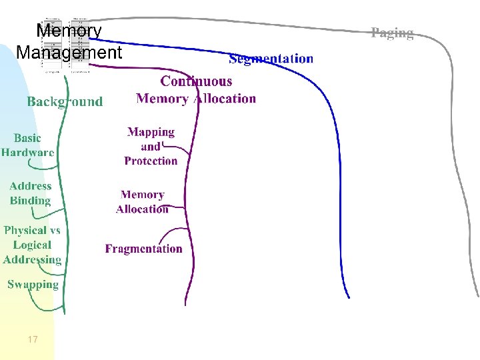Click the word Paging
pos(392,33)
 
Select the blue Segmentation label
pos(271,59)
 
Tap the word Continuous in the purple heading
pos(196,81)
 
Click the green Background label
pos(65,102)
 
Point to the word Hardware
pos(27,152)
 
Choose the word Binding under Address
pos(30,201)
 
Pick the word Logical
pos(31,245)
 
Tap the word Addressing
pos(32,260)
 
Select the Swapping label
pos(33,285)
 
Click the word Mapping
pos(151,132)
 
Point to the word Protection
pos(151,161)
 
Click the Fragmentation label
pos(143,249)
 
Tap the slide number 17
pos(33,340)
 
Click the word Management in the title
pos(69,52)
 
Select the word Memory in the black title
pos(69,31)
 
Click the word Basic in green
pos(27,138)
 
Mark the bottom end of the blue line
pos(349,297)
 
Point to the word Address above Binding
pos(31,187)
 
